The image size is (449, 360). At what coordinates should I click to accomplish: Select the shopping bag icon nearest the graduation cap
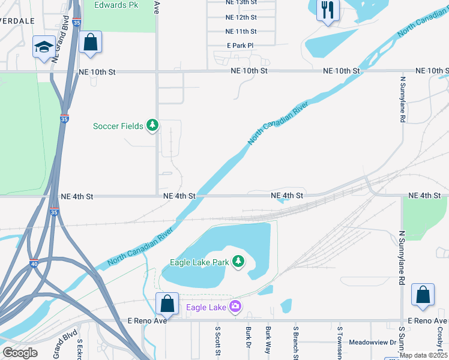click(x=90, y=43)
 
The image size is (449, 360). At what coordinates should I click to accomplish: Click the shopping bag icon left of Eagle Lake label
click(x=167, y=304)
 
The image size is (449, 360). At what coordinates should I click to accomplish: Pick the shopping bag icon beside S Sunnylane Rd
click(x=423, y=295)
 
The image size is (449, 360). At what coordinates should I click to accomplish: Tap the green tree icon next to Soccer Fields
click(x=153, y=125)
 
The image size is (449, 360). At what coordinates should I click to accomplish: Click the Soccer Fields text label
click(x=118, y=126)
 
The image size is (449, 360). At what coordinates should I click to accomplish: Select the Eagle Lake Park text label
click(x=199, y=262)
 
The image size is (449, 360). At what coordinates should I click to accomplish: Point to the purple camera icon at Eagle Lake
click(x=235, y=307)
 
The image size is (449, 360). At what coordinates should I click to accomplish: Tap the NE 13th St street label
click(x=241, y=4)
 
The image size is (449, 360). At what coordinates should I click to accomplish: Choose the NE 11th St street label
click(x=241, y=31)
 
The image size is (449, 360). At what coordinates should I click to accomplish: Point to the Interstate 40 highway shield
click(x=34, y=263)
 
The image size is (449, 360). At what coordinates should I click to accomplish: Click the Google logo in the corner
click(x=20, y=353)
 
